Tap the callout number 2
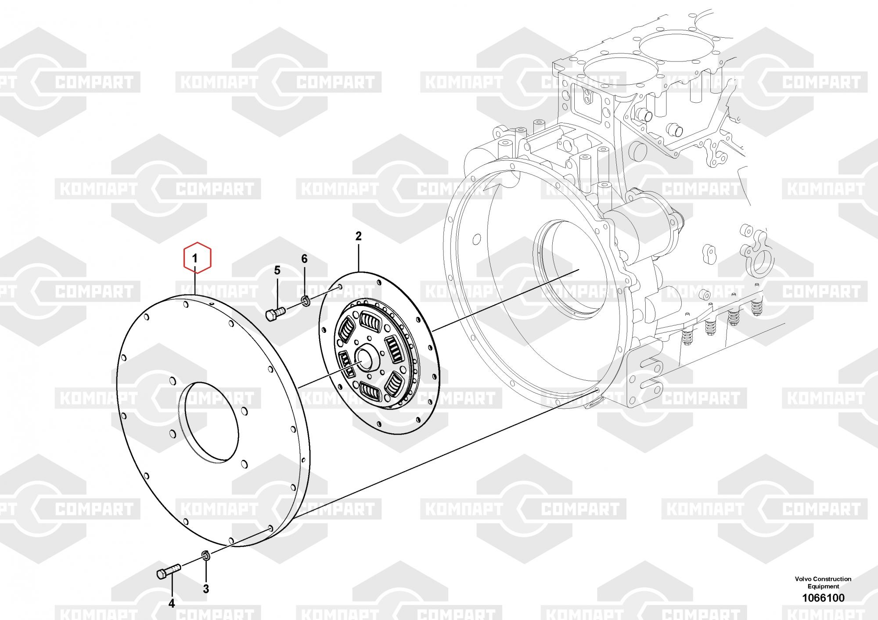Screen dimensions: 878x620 [358, 236]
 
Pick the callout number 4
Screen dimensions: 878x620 [172, 604]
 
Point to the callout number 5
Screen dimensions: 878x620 [277, 270]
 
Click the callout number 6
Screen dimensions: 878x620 [304, 259]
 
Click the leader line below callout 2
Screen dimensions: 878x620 [359, 257]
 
